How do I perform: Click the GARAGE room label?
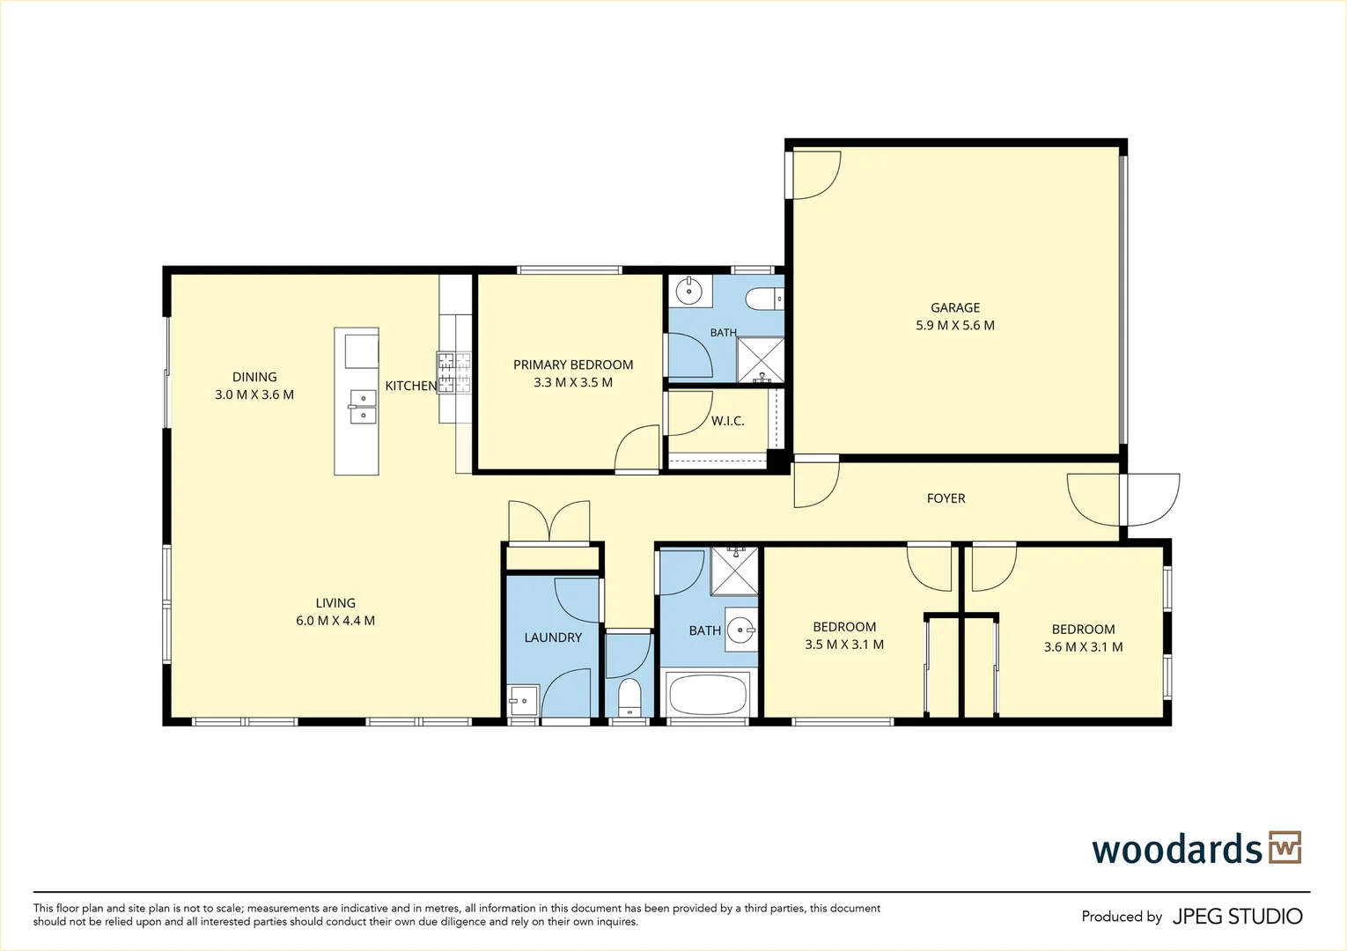(x=955, y=308)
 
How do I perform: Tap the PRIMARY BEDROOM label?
(x=573, y=365)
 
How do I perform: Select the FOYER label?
(x=946, y=498)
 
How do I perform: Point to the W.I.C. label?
(x=727, y=421)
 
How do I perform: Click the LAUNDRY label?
(x=553, y=638)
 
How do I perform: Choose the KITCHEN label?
(x=411, y=387)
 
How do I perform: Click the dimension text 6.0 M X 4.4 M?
(x=335, y=621)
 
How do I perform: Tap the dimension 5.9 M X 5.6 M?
(x=955, y=326)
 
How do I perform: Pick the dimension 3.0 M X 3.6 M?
(x=254, y=395)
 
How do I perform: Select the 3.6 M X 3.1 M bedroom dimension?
(x=1083, y=647)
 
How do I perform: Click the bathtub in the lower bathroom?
(x=707, y=694)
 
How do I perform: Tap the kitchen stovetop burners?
(x=454, y=373)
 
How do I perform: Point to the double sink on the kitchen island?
(x=363, y=407)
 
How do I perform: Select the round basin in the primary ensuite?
(x=689, y=292)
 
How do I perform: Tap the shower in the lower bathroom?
(x=735, y=571)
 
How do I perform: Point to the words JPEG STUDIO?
(x=1238, y=917)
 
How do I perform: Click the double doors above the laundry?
(x=549, y=521)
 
